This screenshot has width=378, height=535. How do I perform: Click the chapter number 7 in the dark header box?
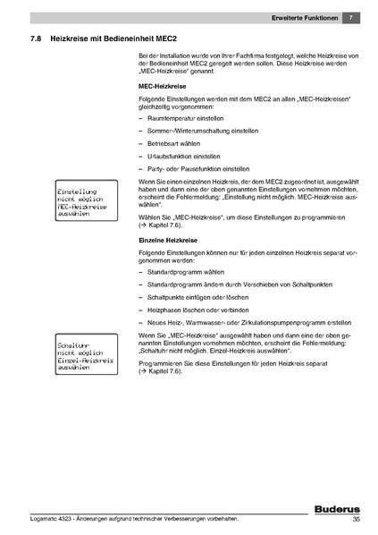coord(351,18)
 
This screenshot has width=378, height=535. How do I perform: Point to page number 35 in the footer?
coord(356,519)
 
